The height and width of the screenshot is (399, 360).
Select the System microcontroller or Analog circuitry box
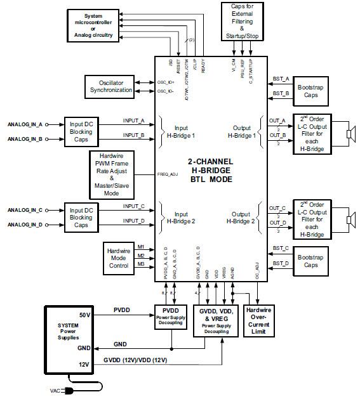93,25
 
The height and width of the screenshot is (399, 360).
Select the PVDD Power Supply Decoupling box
171,315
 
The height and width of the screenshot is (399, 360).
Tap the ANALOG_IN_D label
25,224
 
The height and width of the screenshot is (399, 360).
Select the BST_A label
281,79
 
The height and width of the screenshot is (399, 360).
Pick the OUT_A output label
277,121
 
